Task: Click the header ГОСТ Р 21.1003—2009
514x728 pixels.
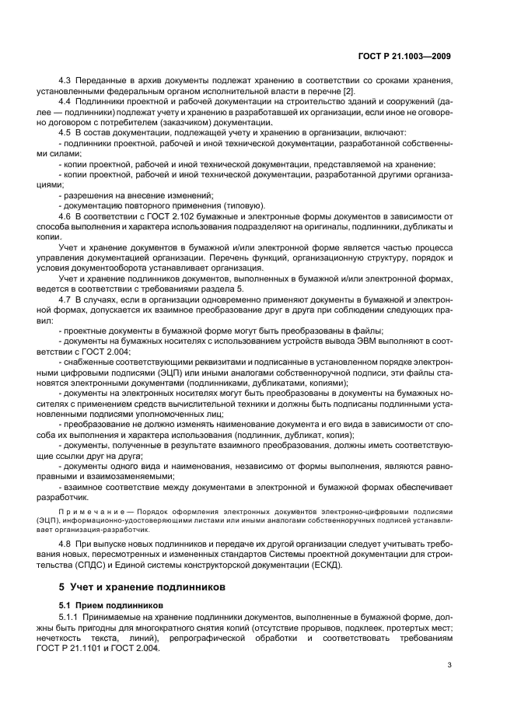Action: point(411,57)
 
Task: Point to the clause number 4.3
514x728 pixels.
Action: point(65,81)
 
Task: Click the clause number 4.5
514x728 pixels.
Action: point(65,132)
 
